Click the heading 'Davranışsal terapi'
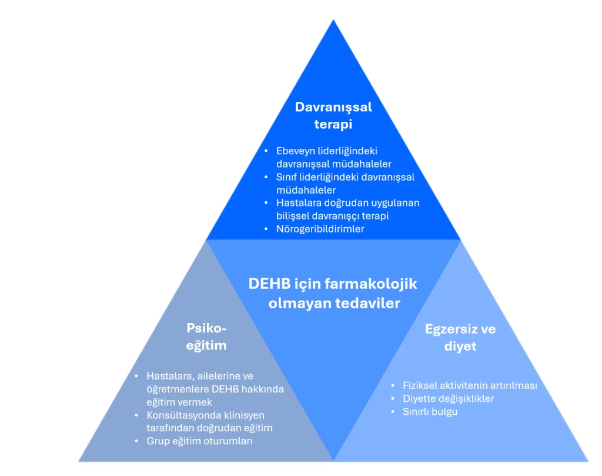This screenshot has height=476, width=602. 333,115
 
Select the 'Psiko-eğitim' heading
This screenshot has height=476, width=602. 206,337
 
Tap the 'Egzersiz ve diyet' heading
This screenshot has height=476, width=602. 460,337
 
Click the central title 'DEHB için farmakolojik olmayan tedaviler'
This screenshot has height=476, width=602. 333,293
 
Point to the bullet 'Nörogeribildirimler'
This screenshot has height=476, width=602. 320,229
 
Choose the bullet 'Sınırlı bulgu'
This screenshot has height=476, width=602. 430,412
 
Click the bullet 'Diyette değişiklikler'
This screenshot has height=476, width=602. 448,399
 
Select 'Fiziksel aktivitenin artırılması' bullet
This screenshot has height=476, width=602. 470,386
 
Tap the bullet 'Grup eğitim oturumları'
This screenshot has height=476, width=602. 199,441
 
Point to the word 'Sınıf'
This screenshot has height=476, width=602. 287,177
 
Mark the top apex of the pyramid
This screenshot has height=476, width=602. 333,21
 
